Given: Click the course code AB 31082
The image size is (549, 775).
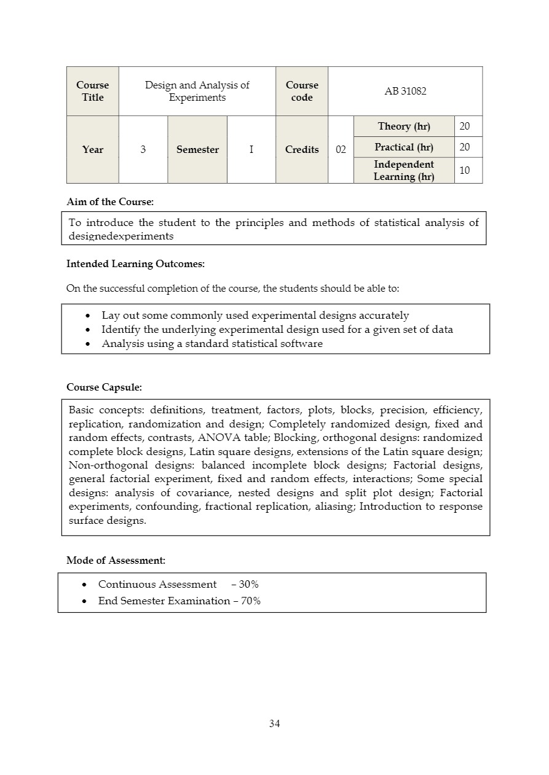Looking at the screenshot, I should click(405, 92).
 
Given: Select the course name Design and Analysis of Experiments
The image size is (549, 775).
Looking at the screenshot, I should click(197, 92).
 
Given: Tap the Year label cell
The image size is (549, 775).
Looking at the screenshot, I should click(93, 150).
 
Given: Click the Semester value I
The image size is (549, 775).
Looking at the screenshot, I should click(251, 150).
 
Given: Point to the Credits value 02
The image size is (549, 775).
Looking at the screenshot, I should click(341, 150).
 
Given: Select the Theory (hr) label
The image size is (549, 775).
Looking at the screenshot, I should click(404, 127).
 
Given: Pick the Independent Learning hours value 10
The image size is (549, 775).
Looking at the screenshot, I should click(465, 171).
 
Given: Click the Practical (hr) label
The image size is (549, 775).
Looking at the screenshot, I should click(404, 147).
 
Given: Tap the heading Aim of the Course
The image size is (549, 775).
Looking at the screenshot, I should click(110, 202).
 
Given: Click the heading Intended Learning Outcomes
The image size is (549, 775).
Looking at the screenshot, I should click(135, 264).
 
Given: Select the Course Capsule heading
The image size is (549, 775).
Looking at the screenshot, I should click(104, 387).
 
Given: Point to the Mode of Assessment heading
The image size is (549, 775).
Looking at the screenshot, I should click(116, 561).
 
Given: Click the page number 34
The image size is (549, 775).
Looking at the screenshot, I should click(274, 724).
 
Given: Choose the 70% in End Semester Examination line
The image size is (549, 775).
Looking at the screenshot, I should click(250, 601).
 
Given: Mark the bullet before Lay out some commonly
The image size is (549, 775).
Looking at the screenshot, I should click(89, 316).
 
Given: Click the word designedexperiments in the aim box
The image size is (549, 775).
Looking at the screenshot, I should click(121, 236).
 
